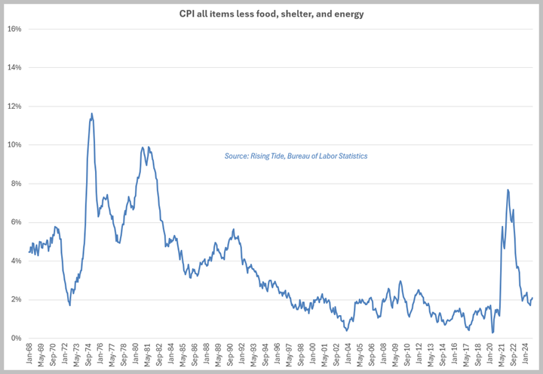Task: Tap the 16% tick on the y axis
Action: click(x=14, y=29)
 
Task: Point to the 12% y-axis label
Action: click(x=14, y=107)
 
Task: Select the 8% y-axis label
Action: click(x=14, y=184)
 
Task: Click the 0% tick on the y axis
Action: click(x=14, y=338)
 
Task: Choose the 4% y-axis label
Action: click(x=14, y=261)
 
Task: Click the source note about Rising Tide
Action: click(x=296, y=156)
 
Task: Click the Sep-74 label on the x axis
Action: click(x=90, y=355)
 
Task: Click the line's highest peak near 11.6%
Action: click(x=91, y=114)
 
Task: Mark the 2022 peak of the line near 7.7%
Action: click(x=508, y=190)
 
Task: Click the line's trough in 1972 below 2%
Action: click(x=69, y=304)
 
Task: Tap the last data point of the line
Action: click(x=532, y=298)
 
